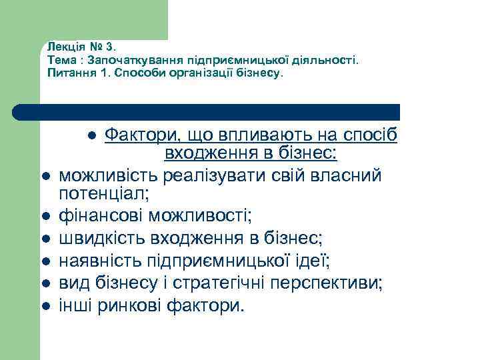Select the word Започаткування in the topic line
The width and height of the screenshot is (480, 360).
pos(125,60)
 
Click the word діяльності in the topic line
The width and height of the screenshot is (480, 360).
pos(326,60)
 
